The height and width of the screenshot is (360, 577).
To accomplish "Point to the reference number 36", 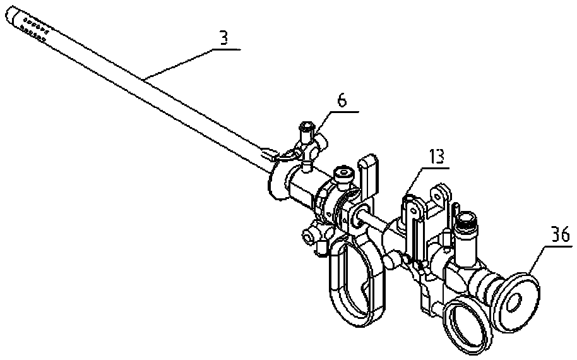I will point(559,234).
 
